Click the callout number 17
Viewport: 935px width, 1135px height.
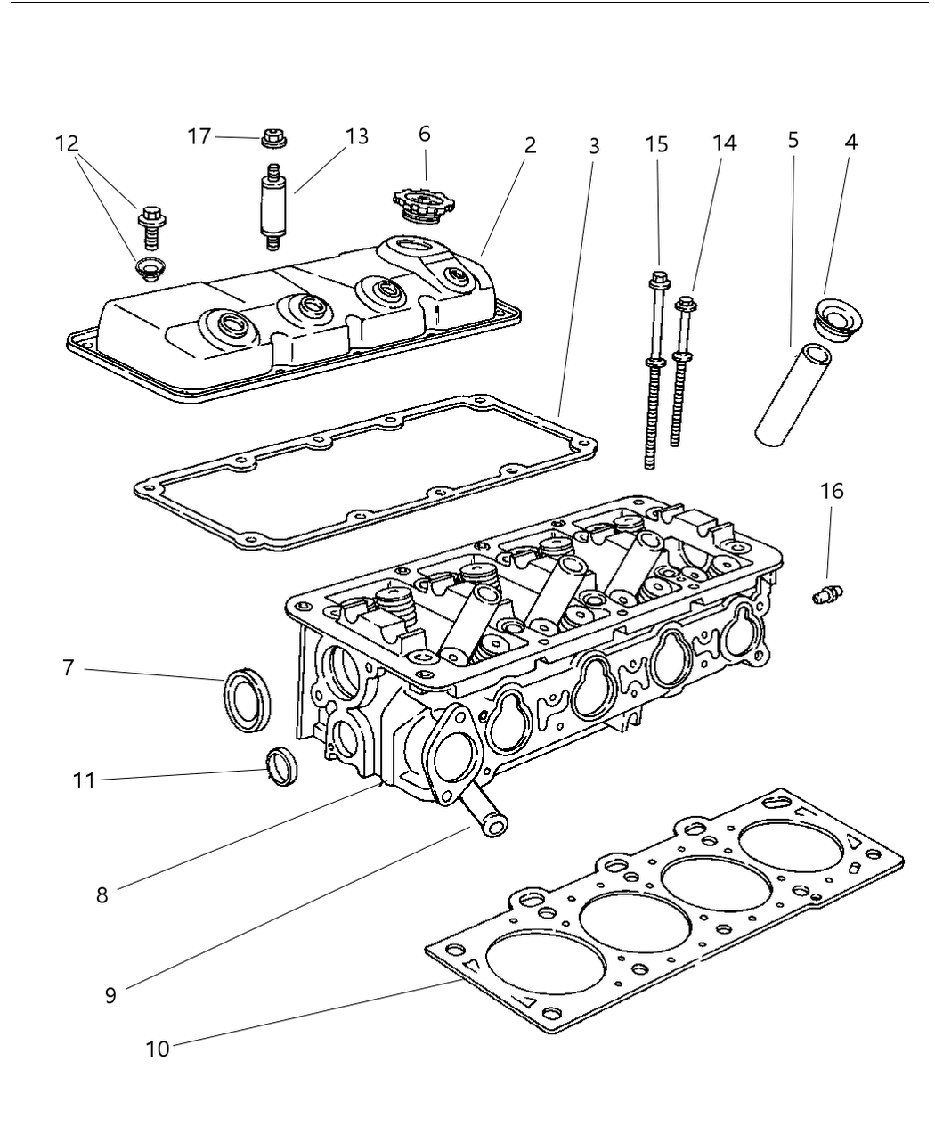tap(199, 136)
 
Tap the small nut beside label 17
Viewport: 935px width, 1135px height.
tap(272, 138)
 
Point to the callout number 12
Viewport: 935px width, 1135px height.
tap(67, 143)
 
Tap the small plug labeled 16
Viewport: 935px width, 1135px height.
tap(827, 594)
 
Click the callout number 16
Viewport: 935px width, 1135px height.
tap(832, 491)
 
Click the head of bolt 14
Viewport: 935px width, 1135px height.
tap(686, 306)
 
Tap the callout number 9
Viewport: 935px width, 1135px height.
tap(110, 994)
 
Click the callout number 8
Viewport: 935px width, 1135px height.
tap(102, 894)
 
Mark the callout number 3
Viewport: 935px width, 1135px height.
tap(594, 147)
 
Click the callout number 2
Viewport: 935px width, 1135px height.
tap(530, 144)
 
